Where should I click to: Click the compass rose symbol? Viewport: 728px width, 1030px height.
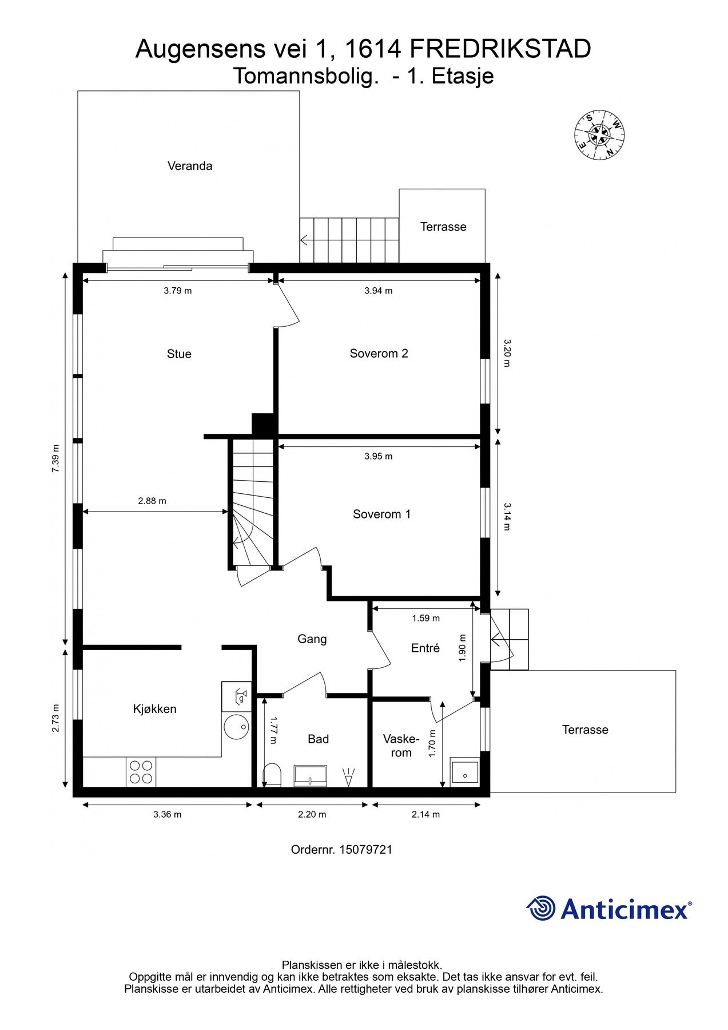599,135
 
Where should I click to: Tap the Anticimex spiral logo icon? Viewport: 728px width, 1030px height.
540,908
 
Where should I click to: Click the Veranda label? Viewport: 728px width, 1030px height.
190,166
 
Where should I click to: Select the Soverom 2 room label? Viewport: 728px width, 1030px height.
379,354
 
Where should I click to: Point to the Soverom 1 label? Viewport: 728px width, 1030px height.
381,514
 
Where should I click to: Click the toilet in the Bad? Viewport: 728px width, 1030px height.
272,775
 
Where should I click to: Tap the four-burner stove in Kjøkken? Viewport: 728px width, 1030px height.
141,772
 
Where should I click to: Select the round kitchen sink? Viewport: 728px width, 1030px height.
236,727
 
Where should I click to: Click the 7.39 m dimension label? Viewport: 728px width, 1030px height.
55,458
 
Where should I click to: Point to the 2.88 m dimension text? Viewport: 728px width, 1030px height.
152,501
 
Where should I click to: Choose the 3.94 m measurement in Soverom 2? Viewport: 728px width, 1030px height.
379,291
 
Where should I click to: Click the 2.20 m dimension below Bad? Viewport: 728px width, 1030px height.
312,814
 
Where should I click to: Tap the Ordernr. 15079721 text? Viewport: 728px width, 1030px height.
342,850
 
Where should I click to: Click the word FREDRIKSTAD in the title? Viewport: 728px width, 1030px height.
500,49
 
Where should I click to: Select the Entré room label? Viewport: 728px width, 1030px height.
425,648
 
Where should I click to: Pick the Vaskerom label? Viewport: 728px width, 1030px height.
401,746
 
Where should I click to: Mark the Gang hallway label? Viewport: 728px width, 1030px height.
312,639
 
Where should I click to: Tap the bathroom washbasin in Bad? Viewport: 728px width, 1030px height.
310,776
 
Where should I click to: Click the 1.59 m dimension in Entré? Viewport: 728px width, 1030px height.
426,618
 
